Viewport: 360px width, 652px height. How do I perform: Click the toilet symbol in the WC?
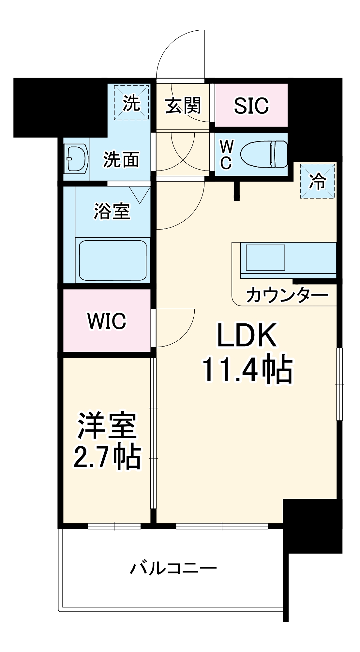pos(264,154)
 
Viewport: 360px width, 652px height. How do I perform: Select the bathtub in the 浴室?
pos(113,260)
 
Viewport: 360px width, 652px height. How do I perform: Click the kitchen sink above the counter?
pos(265,258)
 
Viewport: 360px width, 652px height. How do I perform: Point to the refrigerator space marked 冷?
pos(318,181)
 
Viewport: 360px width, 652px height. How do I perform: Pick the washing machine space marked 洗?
pos(131,103)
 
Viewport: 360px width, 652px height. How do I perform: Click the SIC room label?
pos(251,105)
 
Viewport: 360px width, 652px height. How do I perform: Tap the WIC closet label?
pos(107,321)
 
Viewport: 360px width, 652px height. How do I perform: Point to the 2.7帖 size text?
pos(107,456)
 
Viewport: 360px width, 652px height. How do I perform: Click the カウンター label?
pos(287,295)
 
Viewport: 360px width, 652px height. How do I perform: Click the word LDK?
pos(247,335)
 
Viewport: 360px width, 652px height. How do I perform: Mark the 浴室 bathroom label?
pos(112,211)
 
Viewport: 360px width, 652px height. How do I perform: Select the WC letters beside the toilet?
pos(226,155)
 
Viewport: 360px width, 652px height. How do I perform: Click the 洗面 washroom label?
pos(121,159)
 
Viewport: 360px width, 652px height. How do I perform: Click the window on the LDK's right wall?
pos(339,384)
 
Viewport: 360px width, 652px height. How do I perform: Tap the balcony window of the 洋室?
pos(114,526)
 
